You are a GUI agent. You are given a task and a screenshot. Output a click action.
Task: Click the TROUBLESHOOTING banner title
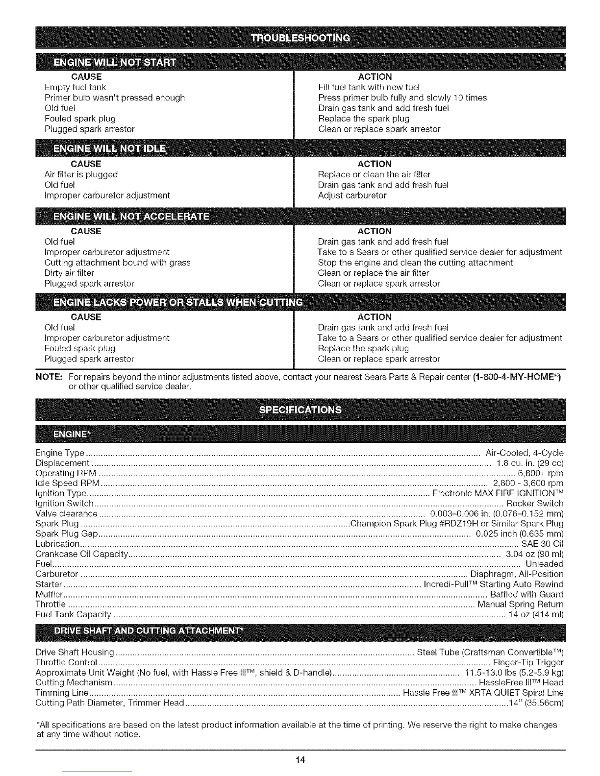point(300,38)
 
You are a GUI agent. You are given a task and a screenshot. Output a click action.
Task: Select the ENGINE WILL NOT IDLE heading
point(109,149)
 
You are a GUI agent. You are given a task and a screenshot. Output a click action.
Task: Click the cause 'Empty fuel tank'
point(75,87)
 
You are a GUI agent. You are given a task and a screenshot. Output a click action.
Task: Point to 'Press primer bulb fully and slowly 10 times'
point(402,97)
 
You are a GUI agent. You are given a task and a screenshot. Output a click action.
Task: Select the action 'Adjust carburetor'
point(352,195)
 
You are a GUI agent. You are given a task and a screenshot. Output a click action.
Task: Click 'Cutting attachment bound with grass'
point(117,263)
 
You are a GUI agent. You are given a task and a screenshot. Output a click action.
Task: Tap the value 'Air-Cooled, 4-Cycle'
point(524,453)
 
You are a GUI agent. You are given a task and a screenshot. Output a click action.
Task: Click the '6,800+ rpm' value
point(541,473)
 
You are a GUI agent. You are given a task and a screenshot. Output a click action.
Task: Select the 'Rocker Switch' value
point(535,503)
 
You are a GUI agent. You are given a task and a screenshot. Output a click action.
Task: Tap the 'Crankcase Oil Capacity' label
point(82,554)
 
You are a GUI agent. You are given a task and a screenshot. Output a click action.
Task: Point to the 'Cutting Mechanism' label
point(74,682)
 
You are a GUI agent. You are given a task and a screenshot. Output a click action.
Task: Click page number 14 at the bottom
point(300,760)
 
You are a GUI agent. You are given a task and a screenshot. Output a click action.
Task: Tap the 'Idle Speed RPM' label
point(68,484)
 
